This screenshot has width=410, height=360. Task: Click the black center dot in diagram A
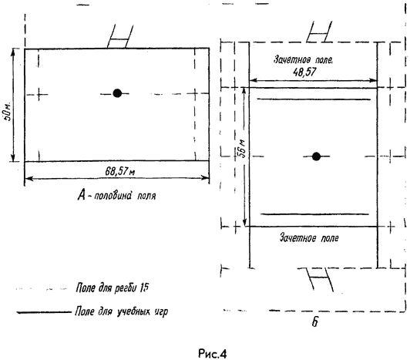[117, 93]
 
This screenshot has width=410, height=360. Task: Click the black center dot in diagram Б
[317, 156]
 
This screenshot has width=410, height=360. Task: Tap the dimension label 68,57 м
[120, 172]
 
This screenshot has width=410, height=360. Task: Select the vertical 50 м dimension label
[8, 110]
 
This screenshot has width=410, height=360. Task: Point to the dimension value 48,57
[305, 72]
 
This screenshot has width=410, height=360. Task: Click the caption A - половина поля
[116, 196]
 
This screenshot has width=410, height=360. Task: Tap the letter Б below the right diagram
[314, 322]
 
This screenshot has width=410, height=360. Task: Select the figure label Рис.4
[213, 354]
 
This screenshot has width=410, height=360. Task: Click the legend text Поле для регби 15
[113, 288]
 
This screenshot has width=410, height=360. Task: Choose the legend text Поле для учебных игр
[121, 311]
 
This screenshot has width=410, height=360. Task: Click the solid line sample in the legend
[44, 312]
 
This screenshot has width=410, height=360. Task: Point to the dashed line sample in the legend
[42, 289]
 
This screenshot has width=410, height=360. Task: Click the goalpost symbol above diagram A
[120, 37]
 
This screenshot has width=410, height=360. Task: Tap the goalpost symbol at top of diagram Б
[320, 32]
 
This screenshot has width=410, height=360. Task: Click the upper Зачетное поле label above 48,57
[304, 59]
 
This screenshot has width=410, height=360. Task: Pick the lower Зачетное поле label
[309, 238]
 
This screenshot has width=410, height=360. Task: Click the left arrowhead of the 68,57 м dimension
[29, 179]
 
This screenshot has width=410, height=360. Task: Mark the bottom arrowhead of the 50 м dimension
[13, 158]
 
